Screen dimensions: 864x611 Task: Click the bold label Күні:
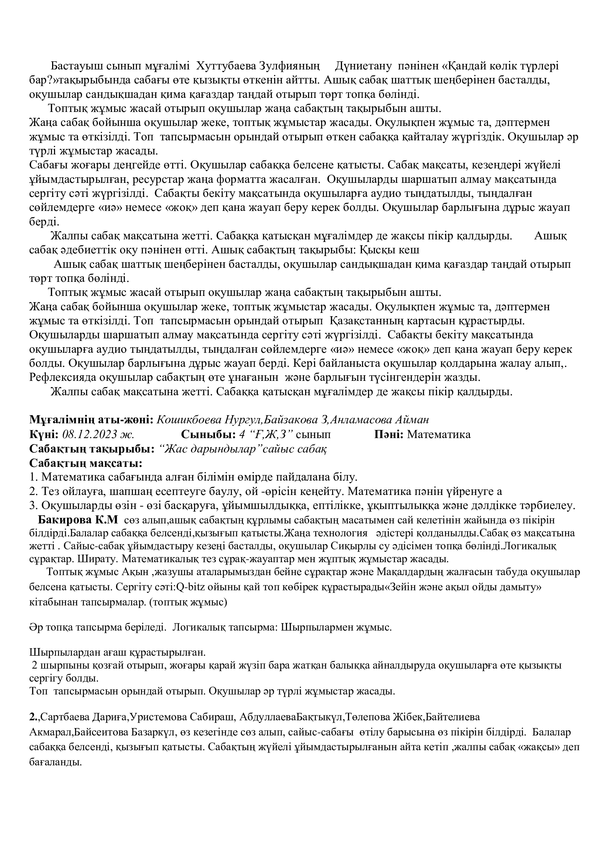coord(44,435)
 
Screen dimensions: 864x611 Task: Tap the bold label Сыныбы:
coord(208,435)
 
